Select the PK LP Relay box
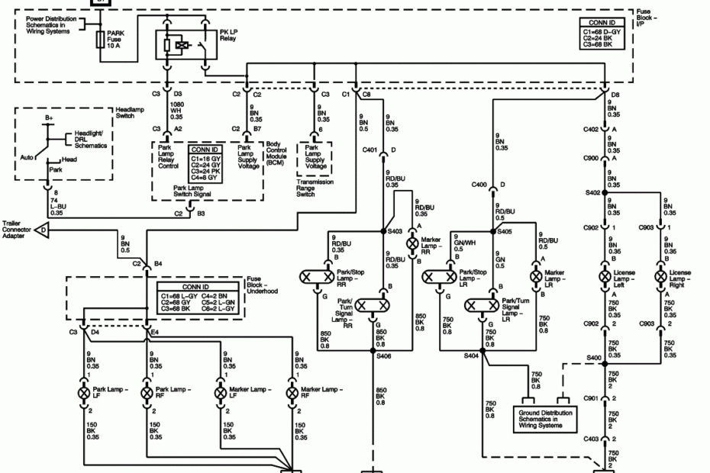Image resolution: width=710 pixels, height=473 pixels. coord(184,45)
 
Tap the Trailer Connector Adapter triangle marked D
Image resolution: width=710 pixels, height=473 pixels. coord(44,228)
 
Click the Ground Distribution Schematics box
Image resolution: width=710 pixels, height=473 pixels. coord(544,418)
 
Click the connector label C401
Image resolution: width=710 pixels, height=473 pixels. coord(372,150)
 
